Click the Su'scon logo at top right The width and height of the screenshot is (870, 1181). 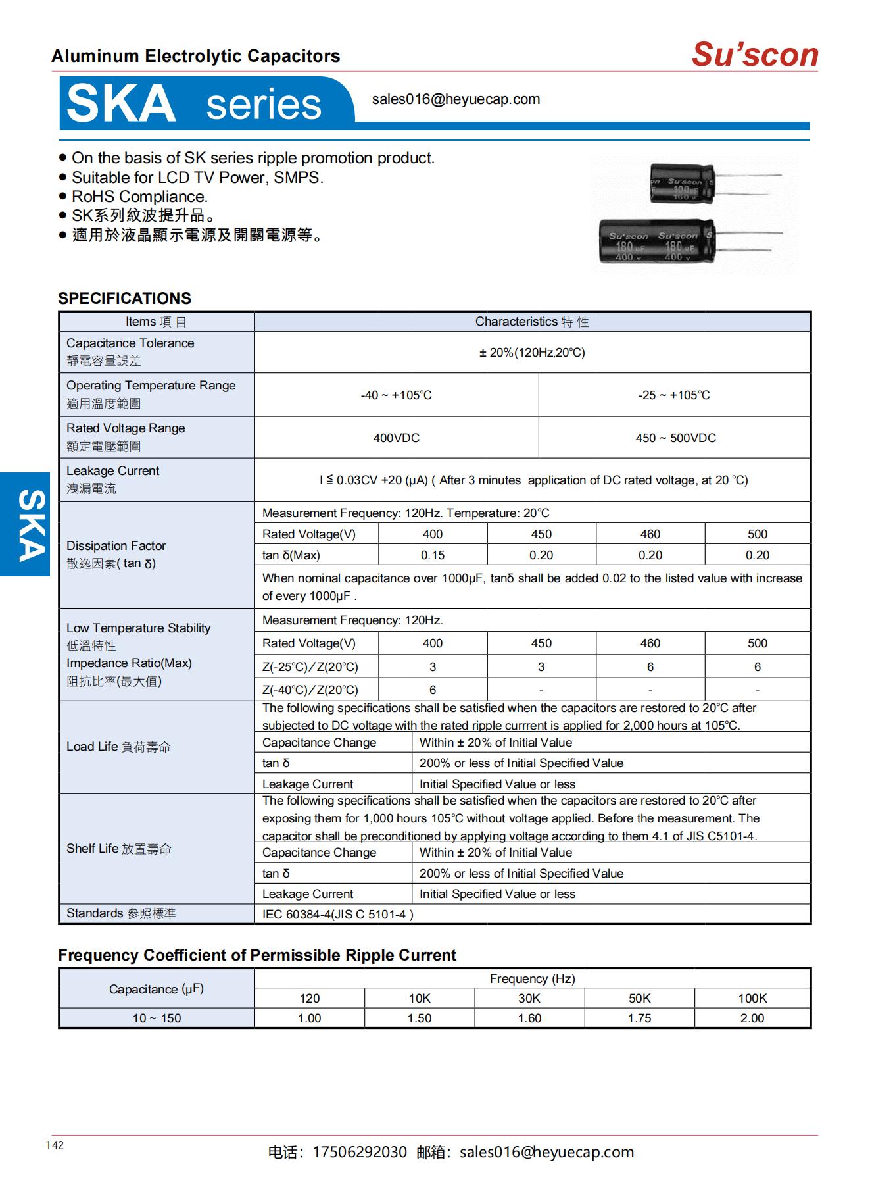754,55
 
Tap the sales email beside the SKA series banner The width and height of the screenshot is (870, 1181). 456,99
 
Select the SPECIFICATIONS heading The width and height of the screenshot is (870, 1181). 124,298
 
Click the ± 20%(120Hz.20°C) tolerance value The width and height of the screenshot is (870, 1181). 531,353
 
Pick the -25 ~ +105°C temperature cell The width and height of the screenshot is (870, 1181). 674,395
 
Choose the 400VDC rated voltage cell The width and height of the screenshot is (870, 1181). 396,438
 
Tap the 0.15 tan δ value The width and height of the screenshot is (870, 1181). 433,555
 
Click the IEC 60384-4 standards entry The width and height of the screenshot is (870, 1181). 337,914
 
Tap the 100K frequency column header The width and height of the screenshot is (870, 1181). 752,998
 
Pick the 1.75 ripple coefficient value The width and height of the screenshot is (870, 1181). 639,1018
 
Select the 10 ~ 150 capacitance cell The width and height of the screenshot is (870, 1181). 157,1018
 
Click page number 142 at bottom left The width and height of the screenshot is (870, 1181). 55,1145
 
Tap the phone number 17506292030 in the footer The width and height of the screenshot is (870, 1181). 360,1152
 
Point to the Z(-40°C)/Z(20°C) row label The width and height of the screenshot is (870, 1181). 310,690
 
